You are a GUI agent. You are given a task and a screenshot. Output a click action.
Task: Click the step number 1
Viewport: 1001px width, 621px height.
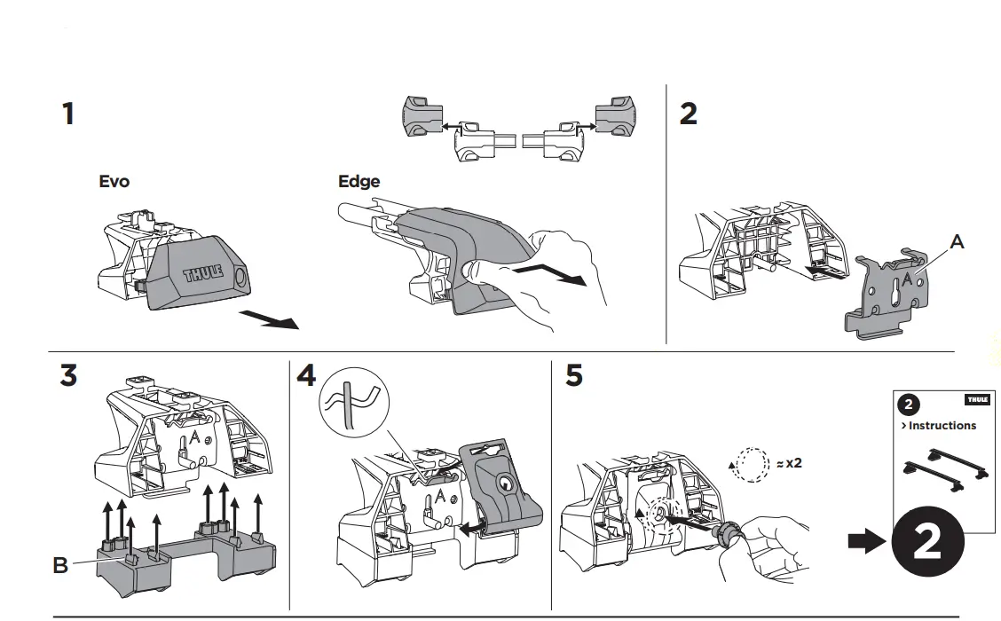[x=67, y=114]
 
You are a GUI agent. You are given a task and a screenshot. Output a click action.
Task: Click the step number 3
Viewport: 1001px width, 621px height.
[x=68, y=375]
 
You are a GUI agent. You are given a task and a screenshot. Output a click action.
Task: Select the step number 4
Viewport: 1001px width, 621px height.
[x=305, y=375]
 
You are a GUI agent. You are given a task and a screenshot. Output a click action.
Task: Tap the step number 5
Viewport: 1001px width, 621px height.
[x=574, y=375]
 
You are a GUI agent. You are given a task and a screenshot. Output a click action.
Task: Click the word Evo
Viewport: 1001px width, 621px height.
[x=114, y=182]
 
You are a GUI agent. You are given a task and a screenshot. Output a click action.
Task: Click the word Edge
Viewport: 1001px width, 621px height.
[x=359, y=182]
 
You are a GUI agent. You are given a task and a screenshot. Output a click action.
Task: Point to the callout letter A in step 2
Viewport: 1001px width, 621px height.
[x=957, y=241]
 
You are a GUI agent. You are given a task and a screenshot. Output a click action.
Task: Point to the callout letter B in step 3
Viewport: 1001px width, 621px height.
[x=60, y=564]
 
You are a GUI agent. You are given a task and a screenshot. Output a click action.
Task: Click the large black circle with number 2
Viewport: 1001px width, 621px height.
[x=926, y=542]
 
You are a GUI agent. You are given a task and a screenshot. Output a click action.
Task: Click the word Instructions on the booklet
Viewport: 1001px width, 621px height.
[x=942, y=426]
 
